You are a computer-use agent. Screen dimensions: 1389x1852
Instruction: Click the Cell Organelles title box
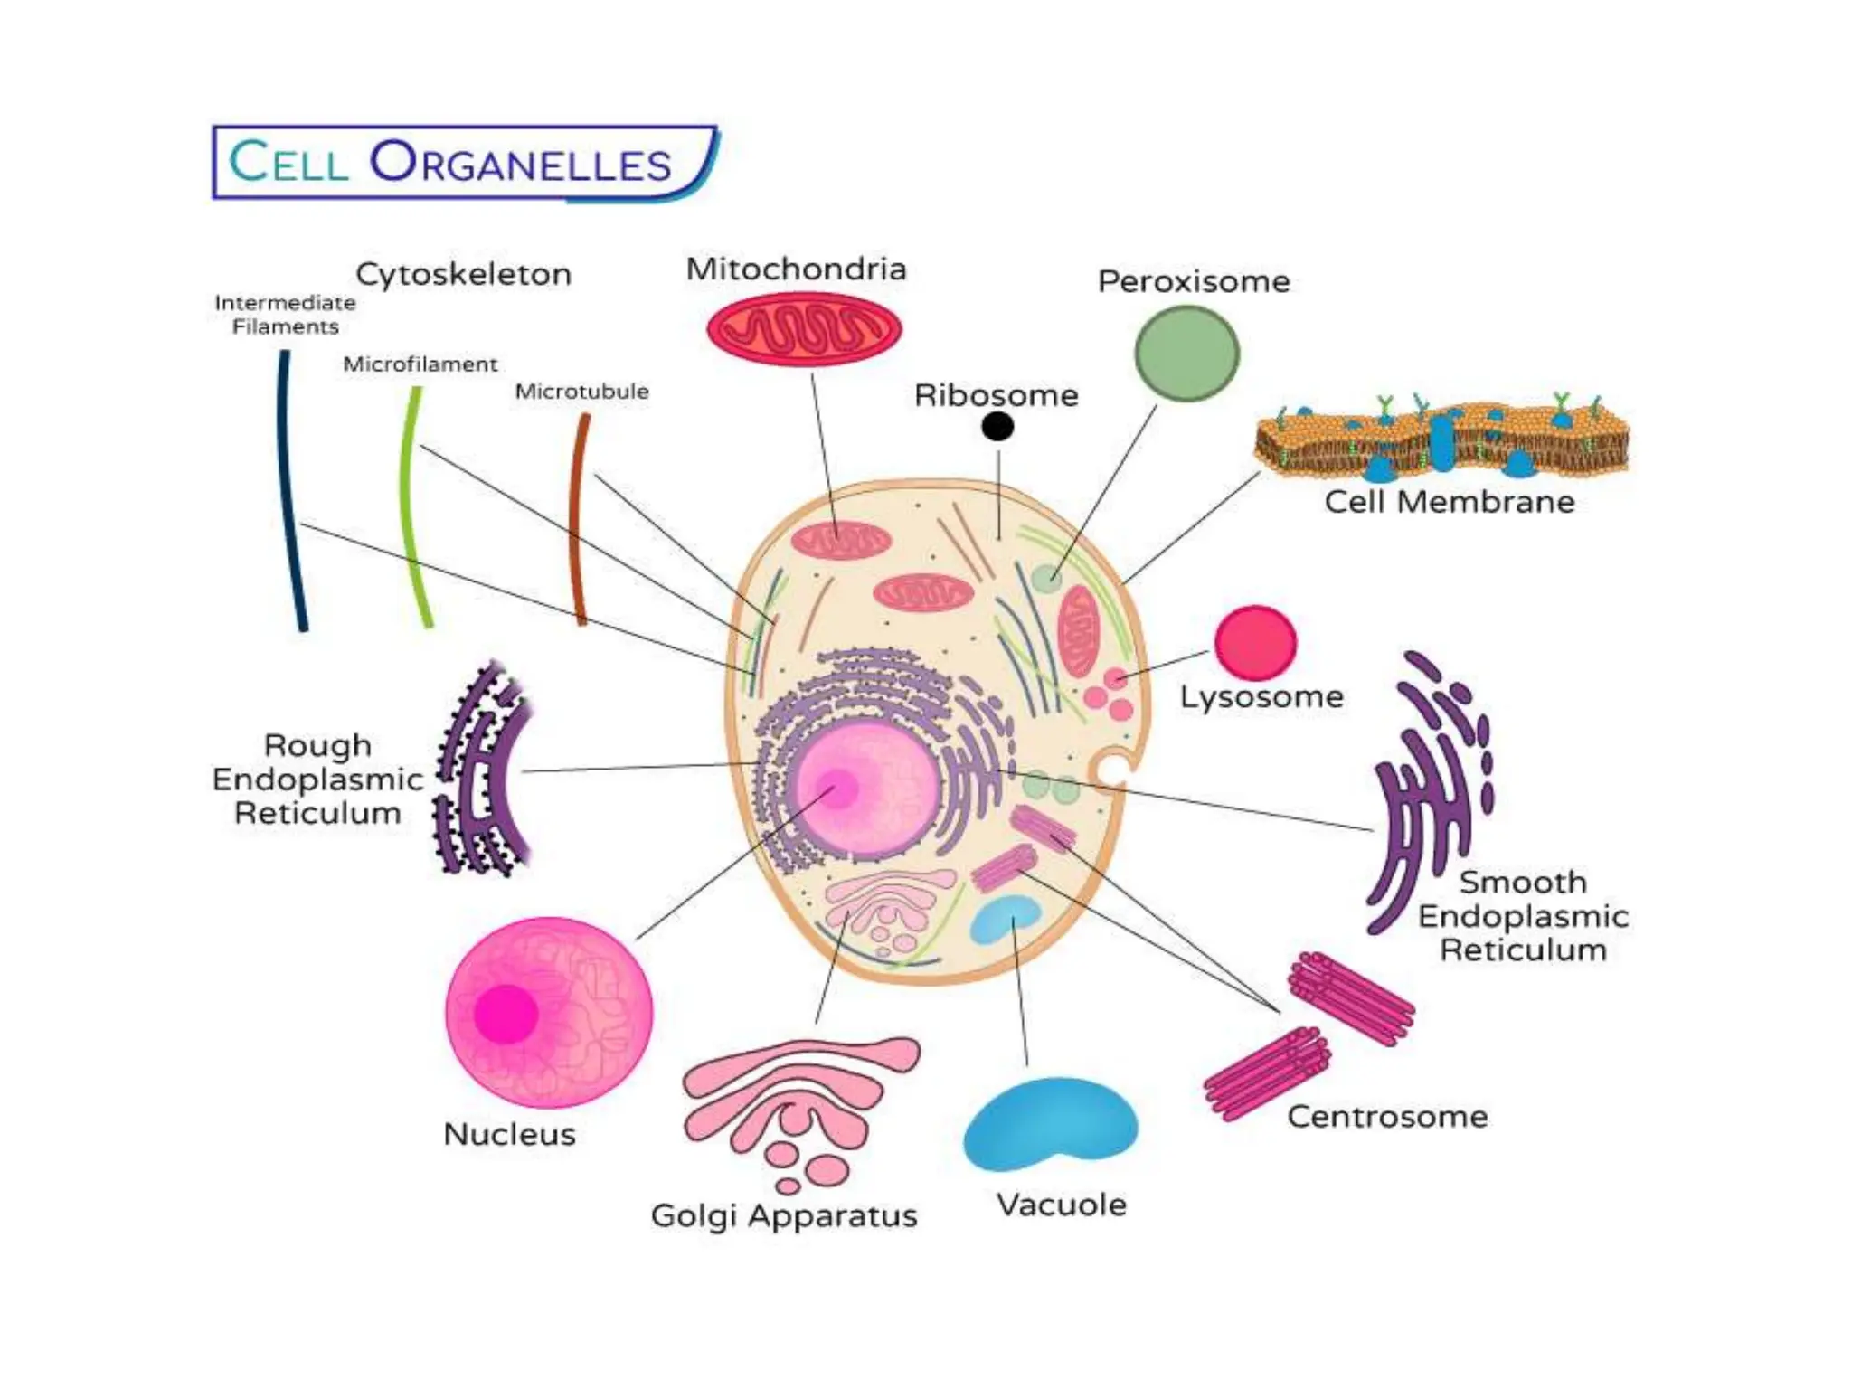(463, 162)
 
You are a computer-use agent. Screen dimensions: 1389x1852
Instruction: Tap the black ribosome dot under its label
(997, 426)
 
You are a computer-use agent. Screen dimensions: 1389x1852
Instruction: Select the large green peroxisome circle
(1186, 353)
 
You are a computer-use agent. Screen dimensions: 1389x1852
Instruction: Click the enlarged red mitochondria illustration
(804, 329)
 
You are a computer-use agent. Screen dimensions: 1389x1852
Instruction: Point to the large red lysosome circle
(1255, 643)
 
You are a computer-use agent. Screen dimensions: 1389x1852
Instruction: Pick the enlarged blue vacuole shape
(1049, 1126)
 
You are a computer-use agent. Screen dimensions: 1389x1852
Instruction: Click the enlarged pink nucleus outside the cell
(549, 1013)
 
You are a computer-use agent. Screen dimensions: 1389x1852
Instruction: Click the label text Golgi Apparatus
(784, 1215)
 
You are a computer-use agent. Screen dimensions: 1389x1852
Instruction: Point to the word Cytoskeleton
(463, 274)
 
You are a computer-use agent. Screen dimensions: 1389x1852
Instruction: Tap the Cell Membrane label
(1449, 502)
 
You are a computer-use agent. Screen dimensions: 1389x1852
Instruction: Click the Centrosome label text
(1387, 1117)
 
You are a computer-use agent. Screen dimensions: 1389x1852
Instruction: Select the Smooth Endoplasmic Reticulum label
(1523, 916)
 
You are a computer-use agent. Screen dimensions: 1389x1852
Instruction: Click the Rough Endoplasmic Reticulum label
(317, 780)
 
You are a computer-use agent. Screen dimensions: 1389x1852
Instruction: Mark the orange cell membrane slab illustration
(1441, 439)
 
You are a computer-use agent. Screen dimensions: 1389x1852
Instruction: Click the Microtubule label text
(581, 392)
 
